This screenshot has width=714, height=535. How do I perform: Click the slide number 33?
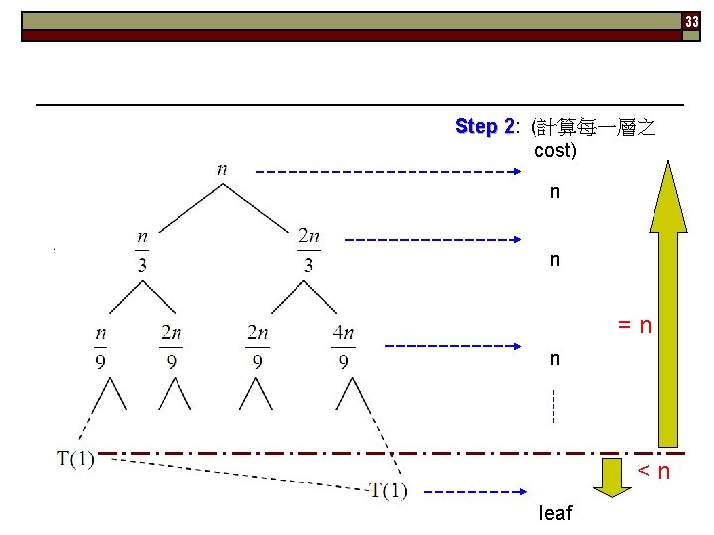click(x=692, y=21)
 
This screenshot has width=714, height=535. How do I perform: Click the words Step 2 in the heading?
click(x=484, y=127)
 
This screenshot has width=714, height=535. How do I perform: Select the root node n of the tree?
click(x=222, y=169)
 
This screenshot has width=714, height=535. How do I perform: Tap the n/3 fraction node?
click(x=143, y=250)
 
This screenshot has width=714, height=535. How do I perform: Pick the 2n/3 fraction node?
click(x=309, y=250)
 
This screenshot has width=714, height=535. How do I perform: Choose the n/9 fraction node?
click(x=101, y=347)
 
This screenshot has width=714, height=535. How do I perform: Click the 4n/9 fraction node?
click(x=343, y=347)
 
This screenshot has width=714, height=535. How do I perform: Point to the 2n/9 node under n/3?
click(x=172, y=347)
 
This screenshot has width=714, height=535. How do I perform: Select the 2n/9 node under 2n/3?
click(x=258, y=347)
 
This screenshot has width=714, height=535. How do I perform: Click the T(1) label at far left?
click(x=76, y=460)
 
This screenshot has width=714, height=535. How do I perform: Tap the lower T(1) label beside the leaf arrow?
click(x=387, y=490)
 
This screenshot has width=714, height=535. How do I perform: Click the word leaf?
click(x=555, y=513)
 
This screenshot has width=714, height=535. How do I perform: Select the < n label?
click(x=654, y=471)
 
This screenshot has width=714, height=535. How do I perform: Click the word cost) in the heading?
click(x=555, y=151)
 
